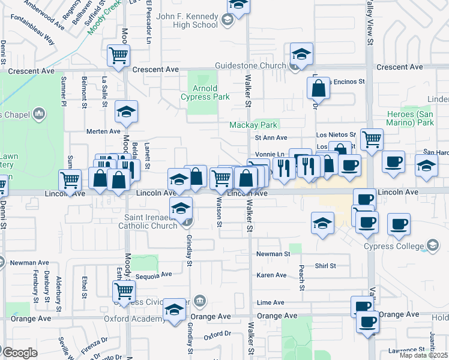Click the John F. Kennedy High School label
point(187,21)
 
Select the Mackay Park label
point(253,125)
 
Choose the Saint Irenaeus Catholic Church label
point(154,222)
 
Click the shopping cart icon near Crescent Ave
point(118,55)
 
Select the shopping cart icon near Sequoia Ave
point(124,291)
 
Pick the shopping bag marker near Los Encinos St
point(318,89)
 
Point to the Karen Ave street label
point(272,275)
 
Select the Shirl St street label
point(325,266)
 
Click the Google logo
point(20,353)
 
